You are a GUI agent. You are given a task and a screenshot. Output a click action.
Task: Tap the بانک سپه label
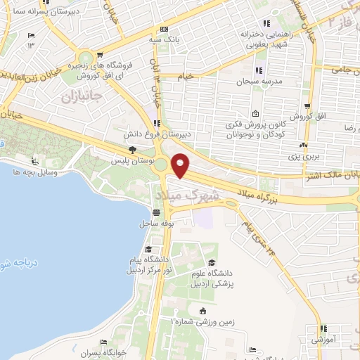[162, 39]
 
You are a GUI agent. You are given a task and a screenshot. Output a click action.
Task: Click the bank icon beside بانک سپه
[163, 30]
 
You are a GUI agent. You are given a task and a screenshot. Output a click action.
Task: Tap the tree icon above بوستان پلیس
[132, 150]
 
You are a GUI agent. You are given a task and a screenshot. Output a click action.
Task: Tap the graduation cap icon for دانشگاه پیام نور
[149, 250]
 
